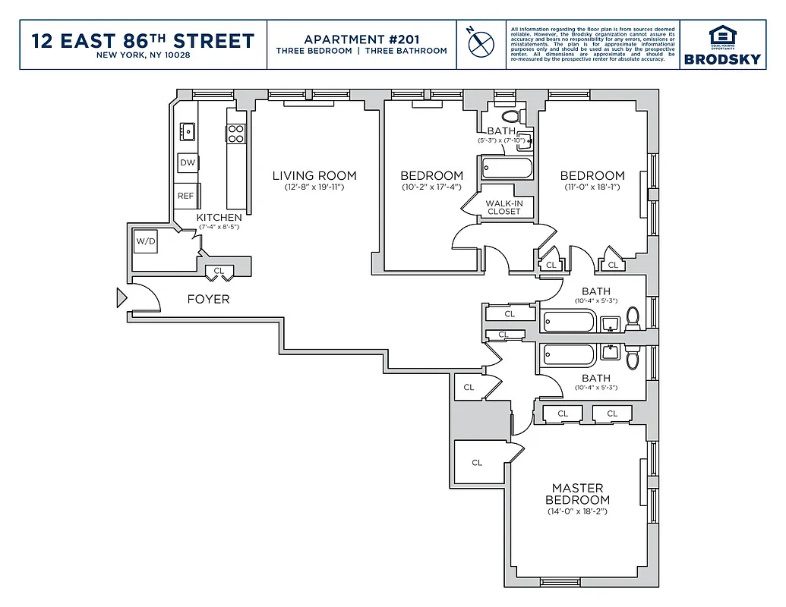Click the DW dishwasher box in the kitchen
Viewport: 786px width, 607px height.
(187, 162)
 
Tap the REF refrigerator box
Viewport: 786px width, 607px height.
(186, 196)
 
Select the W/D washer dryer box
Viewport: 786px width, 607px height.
(145, 242)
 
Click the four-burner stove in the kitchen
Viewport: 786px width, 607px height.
(235, 134)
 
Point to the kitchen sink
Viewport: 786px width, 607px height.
(186, 131)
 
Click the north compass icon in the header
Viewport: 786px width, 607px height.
(478, 43)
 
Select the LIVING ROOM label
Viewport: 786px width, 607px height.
(314, 176)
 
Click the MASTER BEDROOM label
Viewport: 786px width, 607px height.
(577, 494)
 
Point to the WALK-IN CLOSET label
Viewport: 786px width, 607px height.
(504, 207)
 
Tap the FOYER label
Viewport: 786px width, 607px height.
(208, 300)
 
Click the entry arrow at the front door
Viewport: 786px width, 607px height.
(121, 297)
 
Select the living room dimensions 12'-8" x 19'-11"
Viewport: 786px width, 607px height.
(314, 187)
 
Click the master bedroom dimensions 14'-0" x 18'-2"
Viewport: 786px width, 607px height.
(577, 511)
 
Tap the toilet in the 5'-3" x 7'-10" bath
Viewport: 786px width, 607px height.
(511, 116)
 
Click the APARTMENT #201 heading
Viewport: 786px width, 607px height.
(361, 39)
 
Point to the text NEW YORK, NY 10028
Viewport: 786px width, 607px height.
(144, 55)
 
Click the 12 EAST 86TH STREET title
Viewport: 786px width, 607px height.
(144, 39)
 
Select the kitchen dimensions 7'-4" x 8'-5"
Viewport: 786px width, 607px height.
(219, 227)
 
